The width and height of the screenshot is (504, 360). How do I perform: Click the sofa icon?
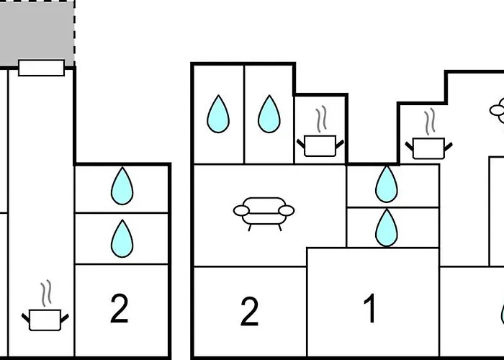click(x=264, y=212)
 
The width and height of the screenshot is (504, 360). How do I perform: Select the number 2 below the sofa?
click(x=249, y=312)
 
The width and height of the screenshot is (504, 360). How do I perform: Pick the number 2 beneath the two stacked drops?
click(x=119, y=308)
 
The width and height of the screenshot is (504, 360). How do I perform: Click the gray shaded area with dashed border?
click(x=36, y=32)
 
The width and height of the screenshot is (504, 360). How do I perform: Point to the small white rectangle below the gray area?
click(x=41, y=68)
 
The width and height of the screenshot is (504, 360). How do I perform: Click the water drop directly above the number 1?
click(x=386, y=228)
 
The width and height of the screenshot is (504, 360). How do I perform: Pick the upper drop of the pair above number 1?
click(x=386, y=184)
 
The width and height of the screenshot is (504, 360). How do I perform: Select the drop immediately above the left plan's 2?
click(x=122, y=239)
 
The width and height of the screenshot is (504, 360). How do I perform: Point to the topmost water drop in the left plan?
click(x=122, y=186)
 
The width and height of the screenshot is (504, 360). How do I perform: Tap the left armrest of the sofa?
click(x=240, y=210)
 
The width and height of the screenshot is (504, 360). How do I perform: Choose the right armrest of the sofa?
click(x=287, y=210)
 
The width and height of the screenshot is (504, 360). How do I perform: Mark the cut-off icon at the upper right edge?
click(x=498, y=110)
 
